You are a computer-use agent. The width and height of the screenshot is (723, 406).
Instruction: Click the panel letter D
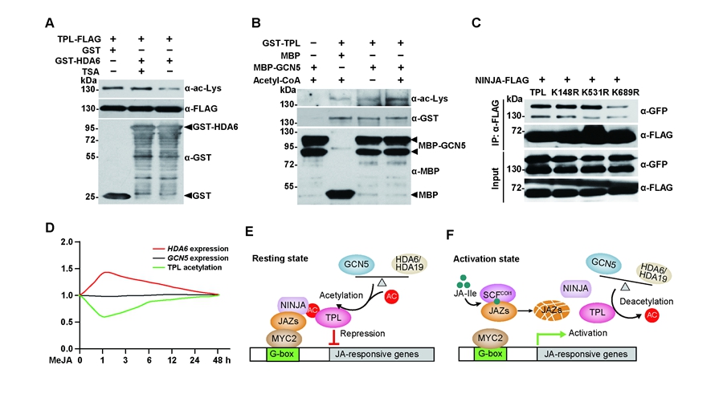50,229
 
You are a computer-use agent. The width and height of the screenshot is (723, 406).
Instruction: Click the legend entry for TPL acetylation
187,266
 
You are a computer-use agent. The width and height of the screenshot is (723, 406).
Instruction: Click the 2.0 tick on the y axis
67,240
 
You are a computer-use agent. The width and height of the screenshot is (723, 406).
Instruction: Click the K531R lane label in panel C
593,91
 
